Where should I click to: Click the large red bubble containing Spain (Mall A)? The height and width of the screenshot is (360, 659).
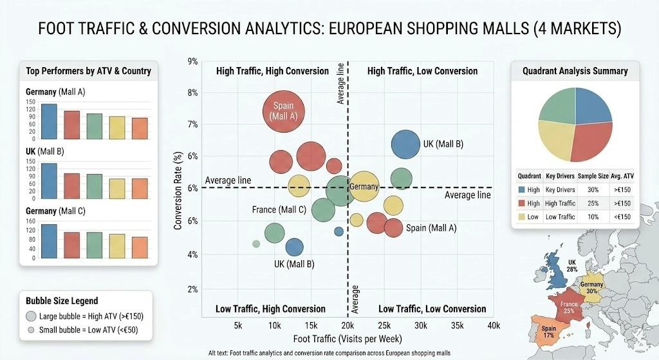284,111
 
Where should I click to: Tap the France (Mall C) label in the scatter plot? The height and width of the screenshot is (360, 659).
279,210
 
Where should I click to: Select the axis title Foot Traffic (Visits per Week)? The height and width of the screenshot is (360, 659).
348,339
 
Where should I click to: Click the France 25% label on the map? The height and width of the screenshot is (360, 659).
568,307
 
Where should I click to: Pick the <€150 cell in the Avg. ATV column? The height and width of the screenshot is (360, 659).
619,217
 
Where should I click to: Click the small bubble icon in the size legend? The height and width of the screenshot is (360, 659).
30,331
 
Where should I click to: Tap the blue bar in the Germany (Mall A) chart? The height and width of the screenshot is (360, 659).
49,121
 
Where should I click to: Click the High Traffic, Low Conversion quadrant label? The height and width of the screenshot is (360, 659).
422,71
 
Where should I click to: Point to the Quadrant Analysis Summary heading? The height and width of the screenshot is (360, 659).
575,71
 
